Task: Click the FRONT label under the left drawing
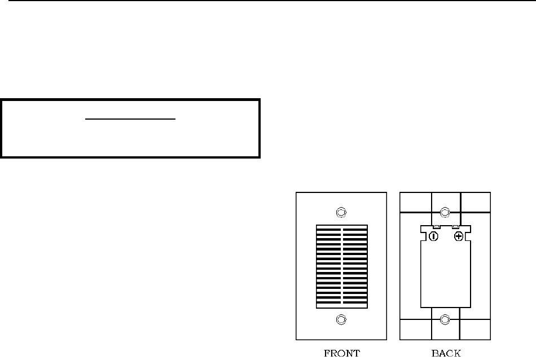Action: coord(341,354)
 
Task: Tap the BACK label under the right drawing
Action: coord(445,354)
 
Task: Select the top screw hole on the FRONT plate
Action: coord(341,213)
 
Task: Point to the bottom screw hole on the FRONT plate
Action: coord(341,320)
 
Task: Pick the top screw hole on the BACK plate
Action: coord(445,212)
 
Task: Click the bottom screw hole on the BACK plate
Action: coord(445,320)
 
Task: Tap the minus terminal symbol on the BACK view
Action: coord(433,236)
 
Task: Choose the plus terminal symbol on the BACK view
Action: coord(459,236)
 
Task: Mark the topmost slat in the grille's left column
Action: coord(328,228)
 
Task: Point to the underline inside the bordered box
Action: coord(131,120)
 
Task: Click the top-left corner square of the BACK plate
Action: coord(415,202)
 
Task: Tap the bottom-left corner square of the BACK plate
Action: coord(415,330)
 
